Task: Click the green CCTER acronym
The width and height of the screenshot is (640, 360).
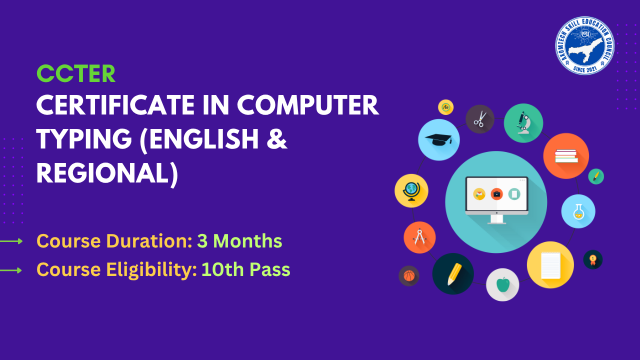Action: [x=76, y=74]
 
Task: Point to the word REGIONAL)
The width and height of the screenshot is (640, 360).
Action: [x=107, y=173]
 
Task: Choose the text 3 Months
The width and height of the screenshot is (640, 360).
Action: [x=239, y=241]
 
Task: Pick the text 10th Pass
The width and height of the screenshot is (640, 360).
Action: [x=245, y=269]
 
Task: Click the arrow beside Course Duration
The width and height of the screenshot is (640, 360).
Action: [x=11, y=241]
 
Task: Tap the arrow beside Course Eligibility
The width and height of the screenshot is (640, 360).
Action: [x=11, y=270]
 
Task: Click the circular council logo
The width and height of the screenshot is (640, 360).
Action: [x=584, y=45]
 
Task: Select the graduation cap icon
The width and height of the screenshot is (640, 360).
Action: [x=438, y=140]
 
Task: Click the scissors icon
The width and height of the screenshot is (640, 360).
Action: [x=480, y=119]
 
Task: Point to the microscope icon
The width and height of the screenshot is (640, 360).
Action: [x=523, y=123]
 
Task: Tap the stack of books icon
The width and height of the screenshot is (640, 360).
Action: [x=566, y=156]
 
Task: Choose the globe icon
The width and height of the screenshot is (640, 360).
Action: [x=411, y=190]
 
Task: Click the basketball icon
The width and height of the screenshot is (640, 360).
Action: [x=409, y=275]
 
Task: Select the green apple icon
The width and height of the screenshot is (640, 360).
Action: [x=502, y=284]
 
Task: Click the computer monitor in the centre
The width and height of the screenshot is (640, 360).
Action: [x=496, y=199]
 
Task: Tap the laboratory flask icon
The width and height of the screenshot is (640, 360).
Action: [x=578, y=211]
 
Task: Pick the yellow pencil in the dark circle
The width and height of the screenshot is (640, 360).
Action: [x=453, y=273]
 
